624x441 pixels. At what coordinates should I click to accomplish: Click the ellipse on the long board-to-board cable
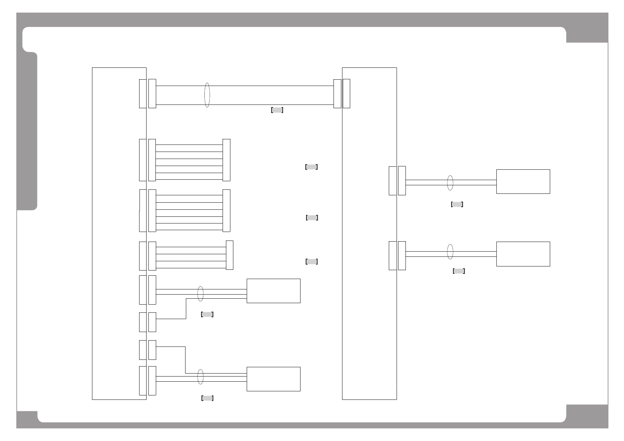point(207,95)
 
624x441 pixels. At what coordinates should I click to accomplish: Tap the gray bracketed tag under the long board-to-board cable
point(277,110)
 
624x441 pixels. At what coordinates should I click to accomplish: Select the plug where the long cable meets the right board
point(337,94)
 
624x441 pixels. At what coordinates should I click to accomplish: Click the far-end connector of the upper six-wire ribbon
point(226,160)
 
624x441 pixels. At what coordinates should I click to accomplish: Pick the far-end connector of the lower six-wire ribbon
point(226,210)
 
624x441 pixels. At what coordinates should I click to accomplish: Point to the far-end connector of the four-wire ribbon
point(230,255)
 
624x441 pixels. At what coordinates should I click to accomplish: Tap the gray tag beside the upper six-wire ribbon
point(311,167)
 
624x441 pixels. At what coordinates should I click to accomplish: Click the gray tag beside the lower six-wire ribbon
point(312,218)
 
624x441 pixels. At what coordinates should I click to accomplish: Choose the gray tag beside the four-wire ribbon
point(312,262)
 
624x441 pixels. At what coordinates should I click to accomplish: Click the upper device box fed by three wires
point(273,291)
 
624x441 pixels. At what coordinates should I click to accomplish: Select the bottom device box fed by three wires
point(273,379)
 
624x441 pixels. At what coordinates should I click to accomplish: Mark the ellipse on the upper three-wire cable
point(200,294)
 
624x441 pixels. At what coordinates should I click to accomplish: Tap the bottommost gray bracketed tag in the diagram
point(207,398)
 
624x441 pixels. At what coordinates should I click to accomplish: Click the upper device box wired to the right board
point(523,182)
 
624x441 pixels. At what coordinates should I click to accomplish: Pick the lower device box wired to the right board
point(523,254)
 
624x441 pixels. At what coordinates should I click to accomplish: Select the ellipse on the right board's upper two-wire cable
point(450,183)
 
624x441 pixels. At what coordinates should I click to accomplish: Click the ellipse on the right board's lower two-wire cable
point(450,252)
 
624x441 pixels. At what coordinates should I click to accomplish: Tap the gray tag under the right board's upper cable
point(457,204)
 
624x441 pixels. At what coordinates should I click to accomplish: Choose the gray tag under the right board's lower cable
point(459,271)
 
